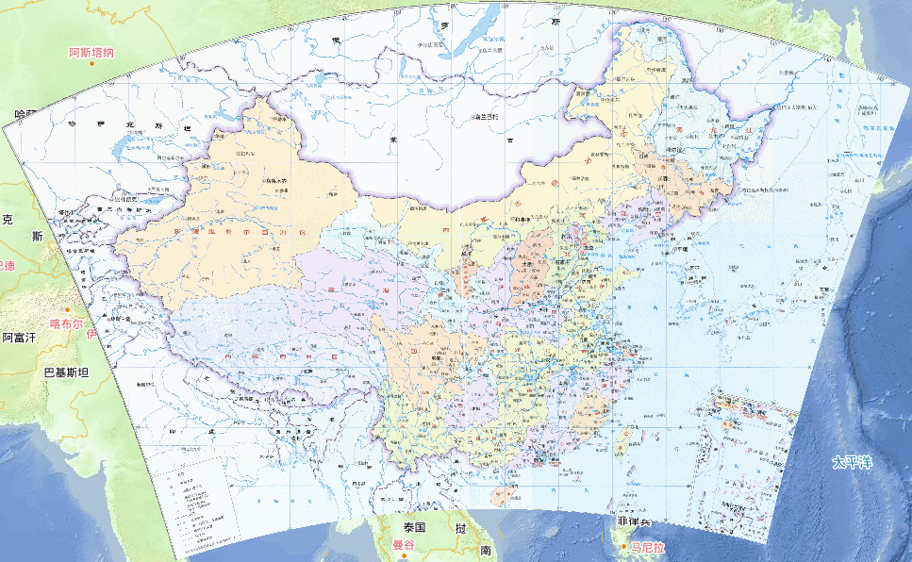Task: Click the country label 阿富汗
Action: (x=18, y=337)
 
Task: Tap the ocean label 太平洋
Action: (x=852, y=462)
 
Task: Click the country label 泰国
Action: (x=415, y=527)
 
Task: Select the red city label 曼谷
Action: (x=404, y=544)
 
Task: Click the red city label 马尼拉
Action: (x=648, y=547)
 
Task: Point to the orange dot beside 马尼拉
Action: (x=623, y=546)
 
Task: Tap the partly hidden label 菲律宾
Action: (x=634, y=521)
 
